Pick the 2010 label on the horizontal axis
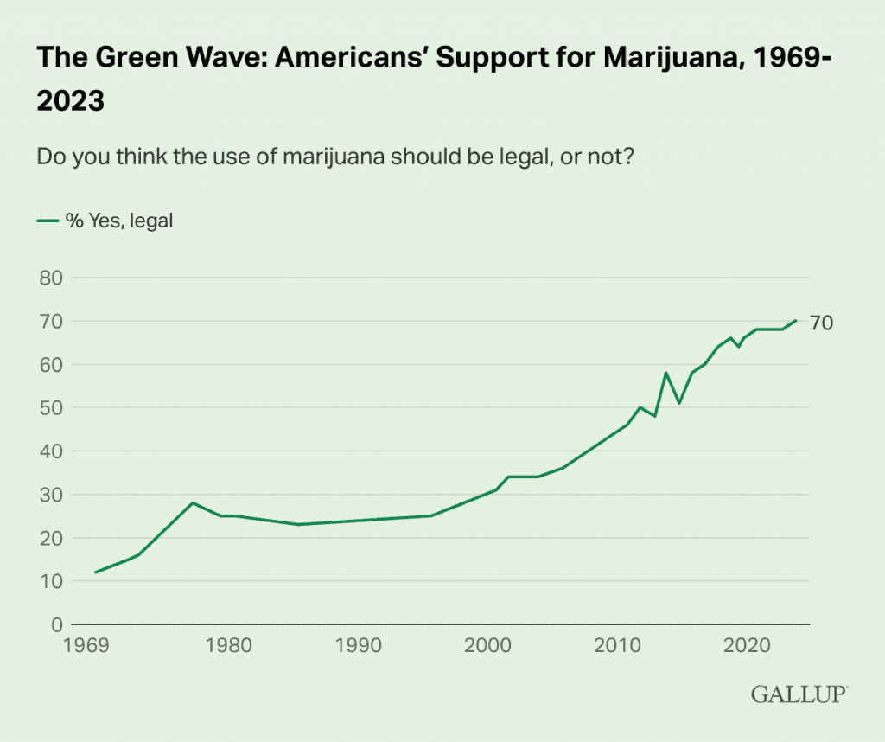[x=617, y=645]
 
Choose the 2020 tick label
[x=747, y=645]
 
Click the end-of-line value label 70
[x=822, y=323]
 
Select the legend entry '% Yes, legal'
[x=119, y=221]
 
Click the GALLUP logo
[x=799, y=694]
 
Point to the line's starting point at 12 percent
[x=95, y=572]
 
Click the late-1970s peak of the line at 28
[x=193, y=502]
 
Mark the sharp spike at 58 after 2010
[x=665, y=373]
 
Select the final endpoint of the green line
[x=796, y=320]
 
